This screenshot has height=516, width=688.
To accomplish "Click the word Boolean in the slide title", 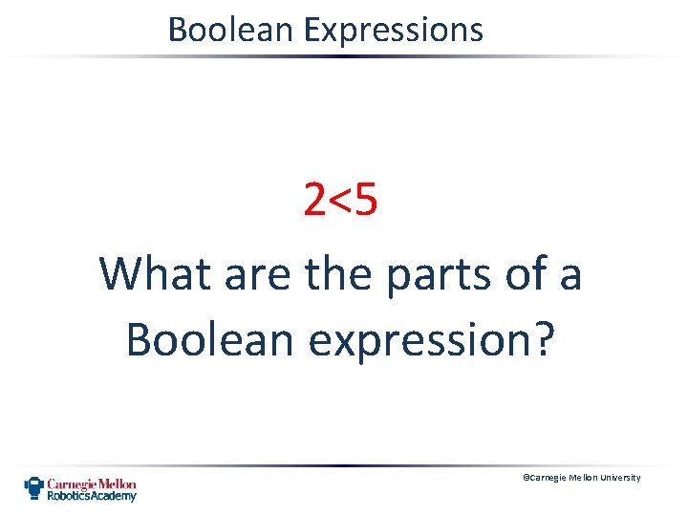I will tap(231, 30).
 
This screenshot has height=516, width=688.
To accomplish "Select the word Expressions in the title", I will tap(393, 31).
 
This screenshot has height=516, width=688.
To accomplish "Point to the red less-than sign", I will tap(341, 200).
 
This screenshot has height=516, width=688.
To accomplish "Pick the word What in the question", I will tap(157, 273).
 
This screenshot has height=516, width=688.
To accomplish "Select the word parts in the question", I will tap(436, 275).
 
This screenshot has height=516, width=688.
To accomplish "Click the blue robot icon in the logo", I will tap(34, 488).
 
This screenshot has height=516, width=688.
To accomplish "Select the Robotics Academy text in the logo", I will tap(93, 496).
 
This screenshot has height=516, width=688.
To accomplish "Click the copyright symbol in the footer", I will tap(524, 478).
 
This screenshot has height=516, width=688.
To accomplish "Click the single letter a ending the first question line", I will tap(570, 275).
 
